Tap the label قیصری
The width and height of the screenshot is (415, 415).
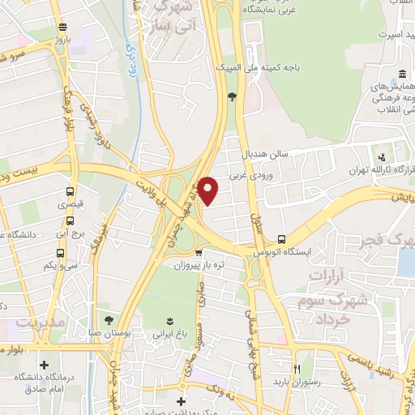pyautogui.click(x=69, y=205)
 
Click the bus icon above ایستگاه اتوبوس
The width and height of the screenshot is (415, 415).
pyautogui.click(x=281, y=239)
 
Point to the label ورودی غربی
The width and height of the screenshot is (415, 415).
pyautogui.click(x=248, y=174)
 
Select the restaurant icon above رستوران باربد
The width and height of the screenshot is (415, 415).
pyautogui.click(x=297, y=366)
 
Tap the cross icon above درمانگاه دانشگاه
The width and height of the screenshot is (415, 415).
pyautogui.click(x=44, y=366)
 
